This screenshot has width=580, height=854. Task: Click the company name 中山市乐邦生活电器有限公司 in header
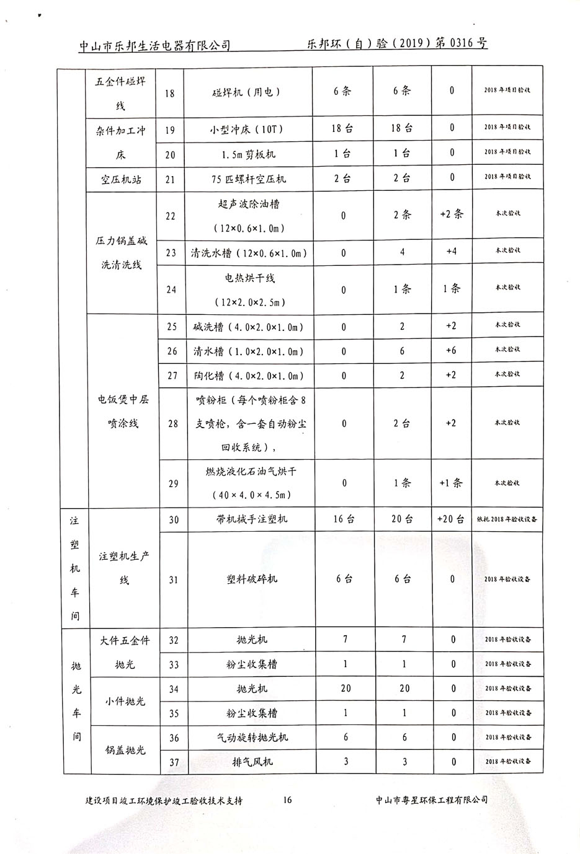click(154, 45)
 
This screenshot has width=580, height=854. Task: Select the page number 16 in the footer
click(287, 799)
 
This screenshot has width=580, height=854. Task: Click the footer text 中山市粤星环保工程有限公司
click(432, 799)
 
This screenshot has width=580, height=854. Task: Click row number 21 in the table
click(170, 179)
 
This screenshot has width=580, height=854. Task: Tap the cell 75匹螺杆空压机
click(249, 179)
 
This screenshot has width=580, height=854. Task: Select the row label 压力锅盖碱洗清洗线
click(121, 253)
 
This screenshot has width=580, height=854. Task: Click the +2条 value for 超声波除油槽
click(451, 214)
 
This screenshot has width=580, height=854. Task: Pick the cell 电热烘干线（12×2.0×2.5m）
click(250, 290)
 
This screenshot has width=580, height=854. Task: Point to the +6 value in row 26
click(451, 351)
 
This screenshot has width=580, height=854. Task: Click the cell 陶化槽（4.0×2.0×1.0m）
click(249, 376)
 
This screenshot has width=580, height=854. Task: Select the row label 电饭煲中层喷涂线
click(123, 412)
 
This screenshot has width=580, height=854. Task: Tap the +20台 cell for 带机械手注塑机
click(451, 519)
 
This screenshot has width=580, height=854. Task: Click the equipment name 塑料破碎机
click(251, 579)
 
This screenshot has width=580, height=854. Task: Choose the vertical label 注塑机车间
click(75, 568)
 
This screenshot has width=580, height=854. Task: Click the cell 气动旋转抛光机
click(251, 737)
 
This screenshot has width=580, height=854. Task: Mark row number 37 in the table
click(174, 762)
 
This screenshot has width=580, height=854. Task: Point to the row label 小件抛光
click(125, 701)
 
